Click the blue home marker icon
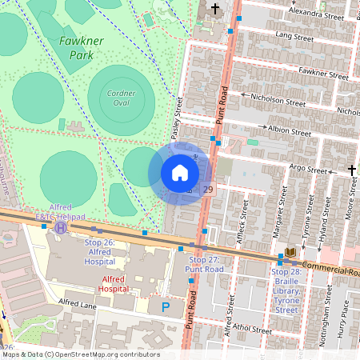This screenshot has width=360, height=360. click(x=180, y=173)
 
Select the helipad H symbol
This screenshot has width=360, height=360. click(x=61, y=227)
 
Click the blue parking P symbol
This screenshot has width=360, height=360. click(x=166, y=306)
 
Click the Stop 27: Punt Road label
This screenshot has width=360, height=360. click(x=203, y=265)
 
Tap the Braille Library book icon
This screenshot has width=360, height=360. click(x=290, y=253)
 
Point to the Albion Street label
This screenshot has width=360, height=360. click(x=289, y=130)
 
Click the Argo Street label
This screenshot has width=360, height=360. click(x=307, y=169)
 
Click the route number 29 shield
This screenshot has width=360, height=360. click(x=208, y=189)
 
